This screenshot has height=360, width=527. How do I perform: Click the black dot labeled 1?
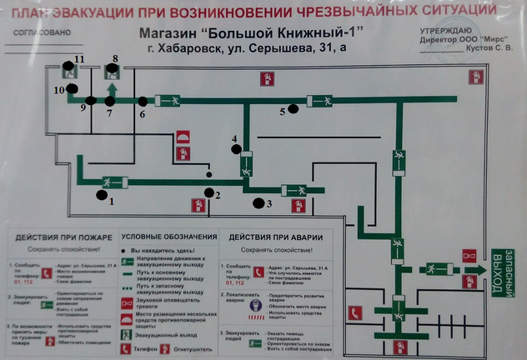[x=103, y=195]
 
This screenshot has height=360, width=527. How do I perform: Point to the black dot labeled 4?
[x=236, y=150]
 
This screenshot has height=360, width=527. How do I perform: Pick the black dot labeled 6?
[x=143, y=102]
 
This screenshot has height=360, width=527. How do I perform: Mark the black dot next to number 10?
[x=72, y=88]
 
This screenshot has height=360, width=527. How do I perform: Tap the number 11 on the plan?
[x=80, y=58]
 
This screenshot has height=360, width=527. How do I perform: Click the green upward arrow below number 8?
[x=113, y=86]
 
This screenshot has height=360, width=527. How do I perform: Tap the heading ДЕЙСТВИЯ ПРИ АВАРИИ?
[x=274, y=237]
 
